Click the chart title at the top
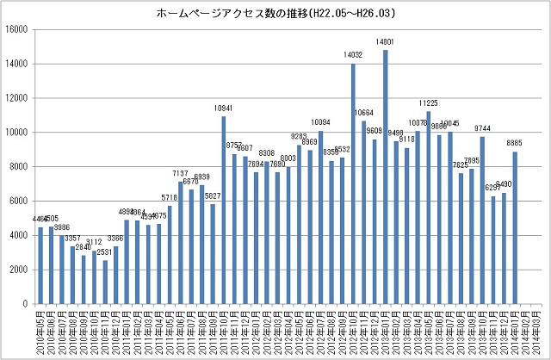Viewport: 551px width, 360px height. [x=275, y=14]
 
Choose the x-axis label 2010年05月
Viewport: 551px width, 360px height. [x=40, y=332]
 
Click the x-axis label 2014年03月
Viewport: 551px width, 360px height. [x=536, y=332]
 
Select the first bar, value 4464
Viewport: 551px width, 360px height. [x=40, y=266]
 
